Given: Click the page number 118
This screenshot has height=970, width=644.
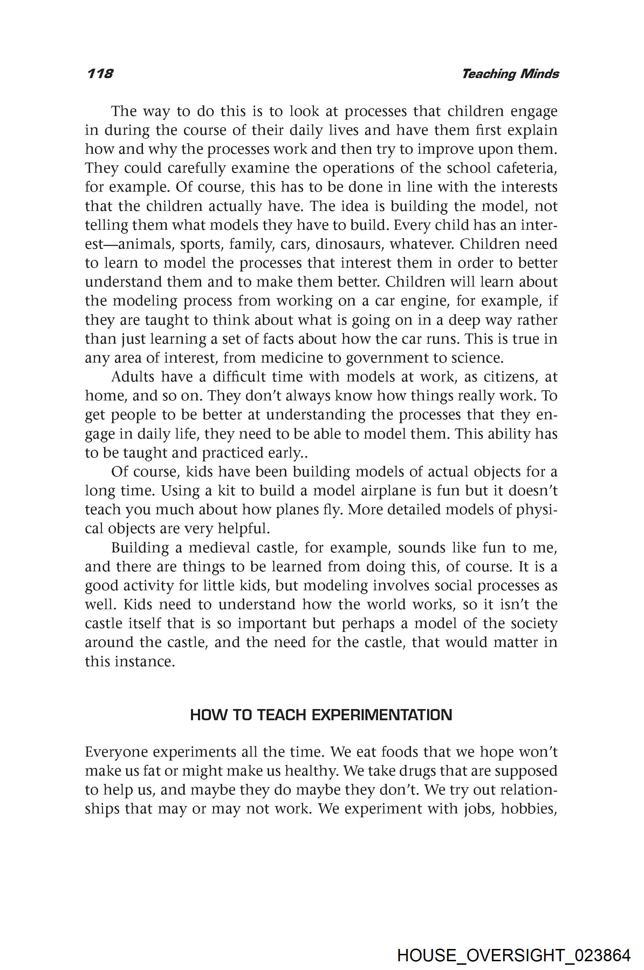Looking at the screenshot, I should [100, 74].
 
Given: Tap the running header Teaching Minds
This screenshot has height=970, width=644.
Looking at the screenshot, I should [510, 74].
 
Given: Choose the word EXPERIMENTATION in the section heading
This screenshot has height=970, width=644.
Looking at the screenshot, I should [382, 715].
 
